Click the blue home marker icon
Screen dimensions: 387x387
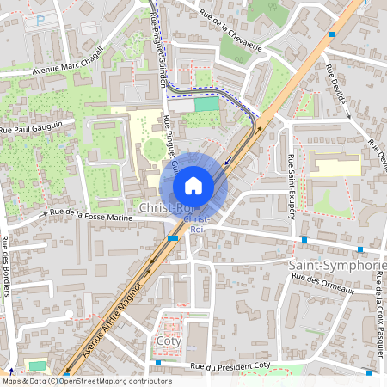point(193,186)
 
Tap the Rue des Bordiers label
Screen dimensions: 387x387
point(5,267)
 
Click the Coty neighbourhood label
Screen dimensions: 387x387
point(169,341)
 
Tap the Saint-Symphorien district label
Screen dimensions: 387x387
point(337,264)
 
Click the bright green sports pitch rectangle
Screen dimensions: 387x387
point(206,104)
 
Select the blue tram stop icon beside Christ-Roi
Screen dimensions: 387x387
point(174,237)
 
